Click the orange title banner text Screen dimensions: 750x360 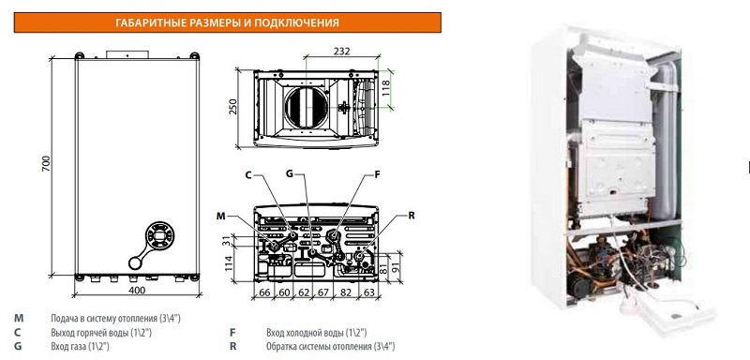point(227,22)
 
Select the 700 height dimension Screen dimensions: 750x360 point(46,164)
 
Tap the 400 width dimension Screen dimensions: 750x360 point(137,290)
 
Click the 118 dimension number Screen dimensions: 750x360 point(386,89)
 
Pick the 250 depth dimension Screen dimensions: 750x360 point(233,108)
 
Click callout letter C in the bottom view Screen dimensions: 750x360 point(248,175)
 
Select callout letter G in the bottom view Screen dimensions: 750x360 point(290,173)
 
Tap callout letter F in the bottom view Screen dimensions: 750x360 point(377,174)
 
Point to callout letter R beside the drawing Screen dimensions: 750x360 point(412,216)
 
